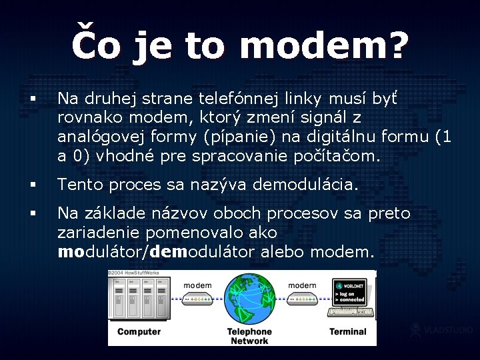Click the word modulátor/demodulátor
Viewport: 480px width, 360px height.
coord(157,253)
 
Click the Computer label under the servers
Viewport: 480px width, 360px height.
coord(139,331)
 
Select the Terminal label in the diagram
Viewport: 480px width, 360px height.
coord(347,331)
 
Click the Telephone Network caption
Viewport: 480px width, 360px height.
coord(249,336)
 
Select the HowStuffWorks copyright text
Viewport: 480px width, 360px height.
coord(137,273)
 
